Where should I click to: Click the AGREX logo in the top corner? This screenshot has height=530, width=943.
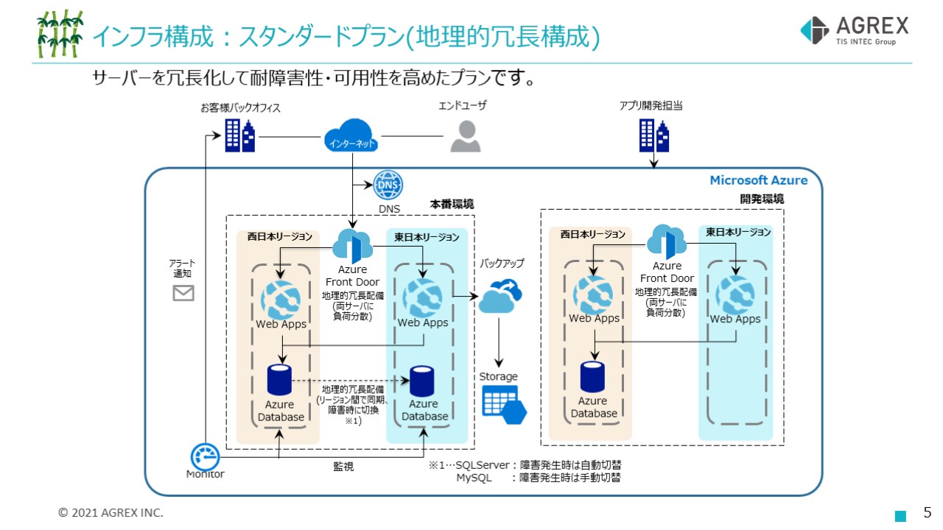coord(854,31)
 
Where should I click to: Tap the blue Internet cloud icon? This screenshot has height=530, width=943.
coord(351,138)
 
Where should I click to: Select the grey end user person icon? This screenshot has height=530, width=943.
coord(465,136)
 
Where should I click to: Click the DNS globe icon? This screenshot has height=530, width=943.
coord(388,185)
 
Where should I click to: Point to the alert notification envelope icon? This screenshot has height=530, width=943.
coord(183,293)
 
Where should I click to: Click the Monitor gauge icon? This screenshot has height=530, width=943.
coord(206,456)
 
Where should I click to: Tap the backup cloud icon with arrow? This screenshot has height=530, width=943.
coord(499,297)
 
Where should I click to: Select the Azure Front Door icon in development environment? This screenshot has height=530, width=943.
coord(667,242)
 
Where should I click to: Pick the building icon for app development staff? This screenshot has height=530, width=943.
coord(653,135)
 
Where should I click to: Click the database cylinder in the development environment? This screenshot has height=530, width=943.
coord(593,376)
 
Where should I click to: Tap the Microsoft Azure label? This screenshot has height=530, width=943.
coord(758,180)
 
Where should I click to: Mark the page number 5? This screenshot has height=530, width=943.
coord(928,512)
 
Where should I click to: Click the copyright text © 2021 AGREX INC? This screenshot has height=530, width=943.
coord(111,512)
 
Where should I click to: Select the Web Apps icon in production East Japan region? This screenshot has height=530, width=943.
coord(422,297)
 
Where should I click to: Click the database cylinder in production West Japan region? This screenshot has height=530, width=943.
coord(280,380)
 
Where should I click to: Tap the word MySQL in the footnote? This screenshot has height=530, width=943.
coord(474,478)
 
